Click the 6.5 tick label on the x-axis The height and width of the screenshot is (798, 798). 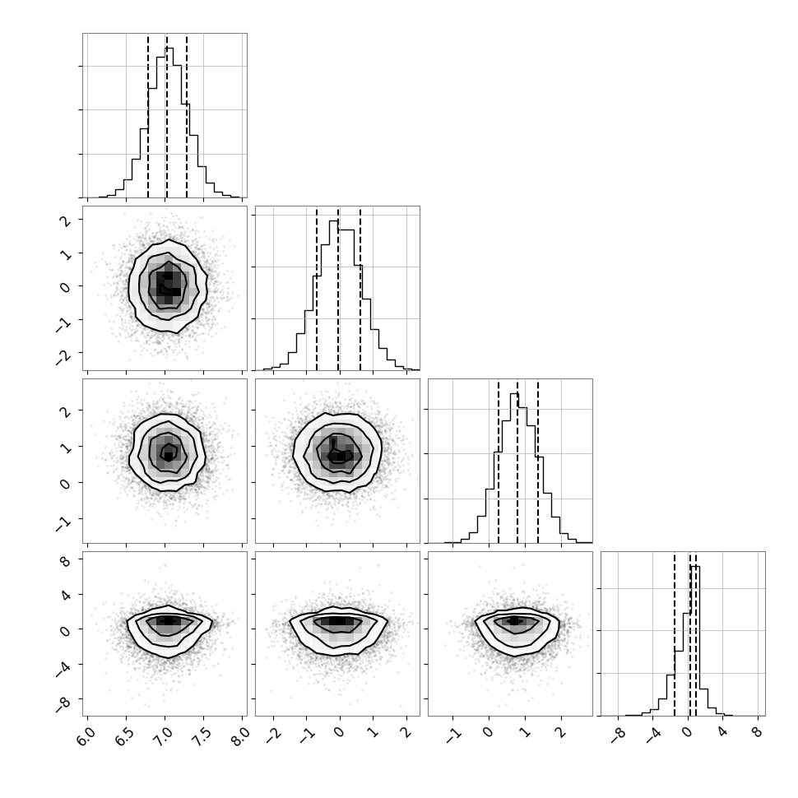pos(125,736)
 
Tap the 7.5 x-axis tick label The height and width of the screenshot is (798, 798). pos(202,736)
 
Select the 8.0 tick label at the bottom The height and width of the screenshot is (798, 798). pos(241,736)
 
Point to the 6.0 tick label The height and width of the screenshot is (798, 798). pos(86,736)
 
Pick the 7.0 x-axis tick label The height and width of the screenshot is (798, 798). pos(164,736)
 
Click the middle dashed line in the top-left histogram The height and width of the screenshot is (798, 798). pos(166,115)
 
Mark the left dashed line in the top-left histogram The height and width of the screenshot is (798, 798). pos(148,115)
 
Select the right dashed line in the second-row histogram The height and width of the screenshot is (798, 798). pos(360,288)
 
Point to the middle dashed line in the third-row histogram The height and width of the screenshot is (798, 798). pos(517,461)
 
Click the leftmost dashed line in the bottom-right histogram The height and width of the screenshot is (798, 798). pos(675,633)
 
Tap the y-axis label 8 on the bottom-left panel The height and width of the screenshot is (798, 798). pos(66,561)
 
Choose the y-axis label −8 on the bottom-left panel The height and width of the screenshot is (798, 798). pos(63,703)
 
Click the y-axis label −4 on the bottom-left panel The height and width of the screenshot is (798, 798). pos(63,668)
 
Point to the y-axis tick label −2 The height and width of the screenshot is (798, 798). pos(63,355)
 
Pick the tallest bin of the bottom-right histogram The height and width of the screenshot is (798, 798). pos(695,641)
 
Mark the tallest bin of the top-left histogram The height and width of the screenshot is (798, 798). pos(169,123)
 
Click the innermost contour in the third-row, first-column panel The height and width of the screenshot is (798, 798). pos(169,452)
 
